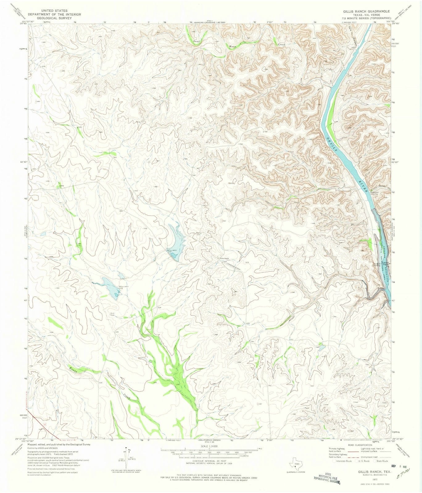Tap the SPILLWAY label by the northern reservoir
(172, 250)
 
